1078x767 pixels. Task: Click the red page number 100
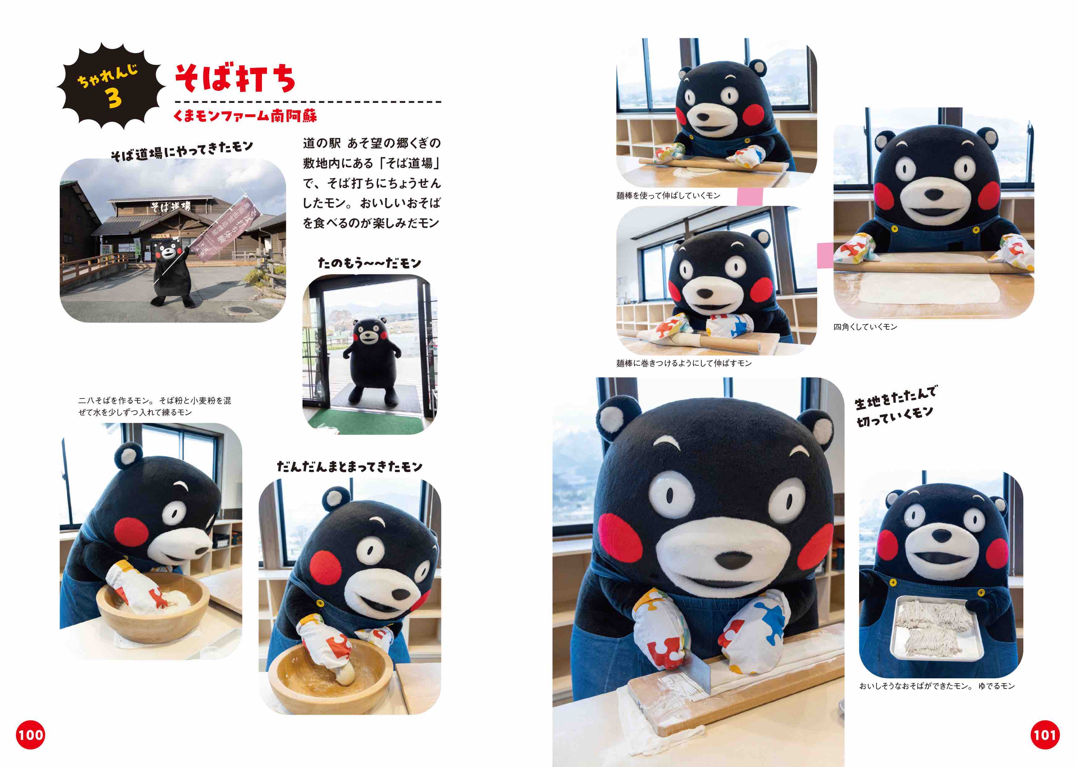point(30,735)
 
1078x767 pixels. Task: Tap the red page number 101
point(1045,735)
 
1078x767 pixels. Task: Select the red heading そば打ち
point(235,78)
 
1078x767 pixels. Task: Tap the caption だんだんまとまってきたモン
point(350,467)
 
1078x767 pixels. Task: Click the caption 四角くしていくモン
point(865,327)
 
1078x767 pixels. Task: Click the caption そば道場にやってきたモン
point(182,150)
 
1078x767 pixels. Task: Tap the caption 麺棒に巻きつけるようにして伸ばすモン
point(684,363)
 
